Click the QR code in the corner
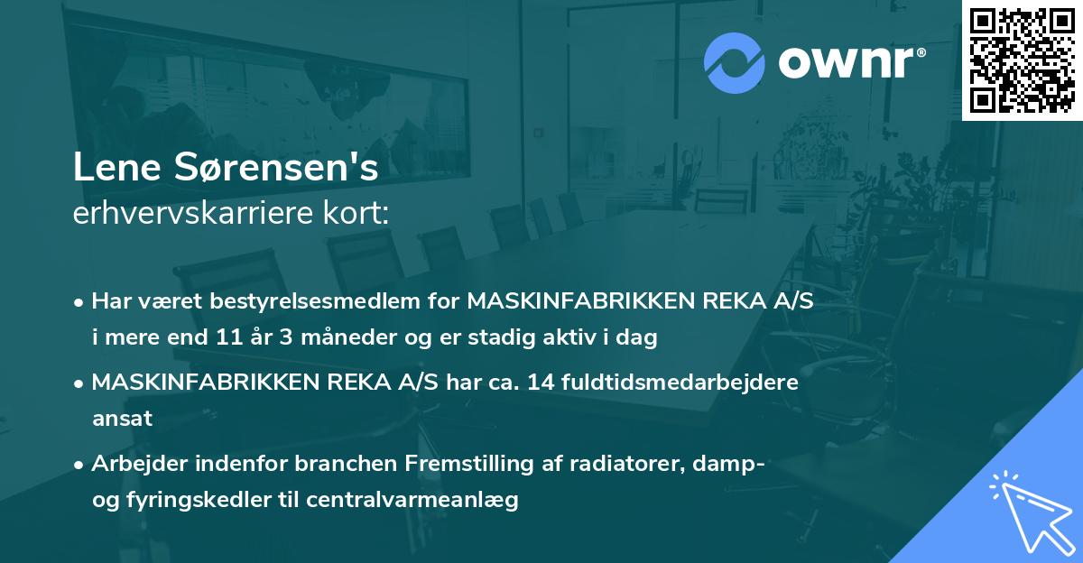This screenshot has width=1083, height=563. tap(1022, 60)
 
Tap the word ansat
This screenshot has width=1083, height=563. tap(122, 419)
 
